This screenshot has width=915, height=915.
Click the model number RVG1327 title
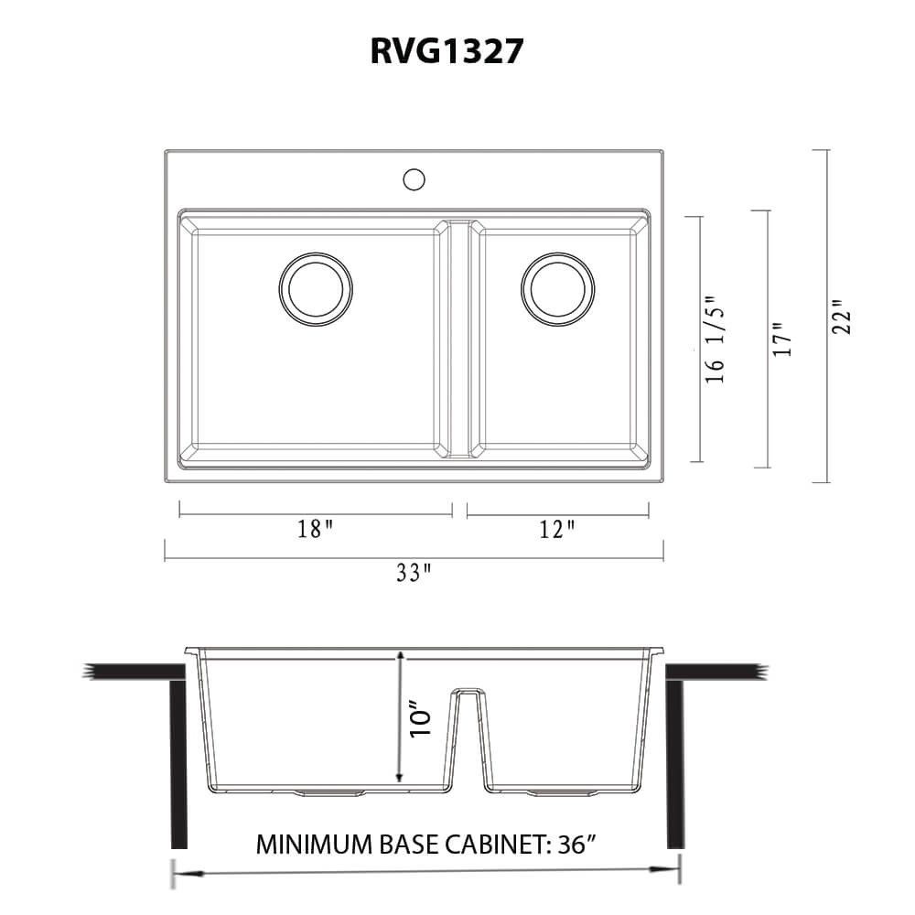[x=447, y=50]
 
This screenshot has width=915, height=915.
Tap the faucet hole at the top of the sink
[x=414, y=178]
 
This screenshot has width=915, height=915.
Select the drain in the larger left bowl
[x=316, y=288]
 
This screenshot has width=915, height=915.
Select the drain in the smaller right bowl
[x=557, y=288]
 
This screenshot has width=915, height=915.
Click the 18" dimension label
[x=315, y=530]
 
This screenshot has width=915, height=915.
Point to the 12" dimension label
[x=557, y=530]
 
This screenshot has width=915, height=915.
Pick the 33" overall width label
[x=414, y=574]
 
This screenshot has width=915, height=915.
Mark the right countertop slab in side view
[x=714, y=673]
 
